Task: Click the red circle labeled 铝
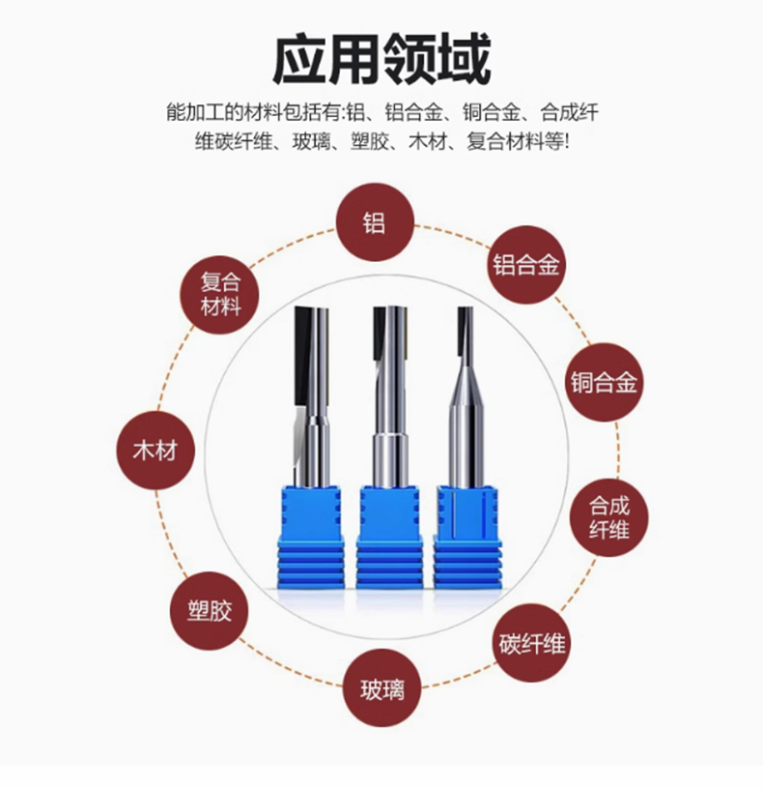[x=375, y=222]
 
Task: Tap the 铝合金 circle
[x=526, y=265]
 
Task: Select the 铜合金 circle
[x=605, y=383]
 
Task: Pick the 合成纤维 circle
[x=609, y=518]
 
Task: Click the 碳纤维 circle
[x=532, y=643]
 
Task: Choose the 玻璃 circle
[x=382, y=688]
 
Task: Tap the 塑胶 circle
[x=209, y=611]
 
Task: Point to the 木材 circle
[x=155, y=451]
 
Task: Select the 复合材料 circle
[x=219, y=295]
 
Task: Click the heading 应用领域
[x=381, y=59]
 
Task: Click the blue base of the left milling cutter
[x=311, y=537]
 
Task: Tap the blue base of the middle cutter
[x=389, y=537]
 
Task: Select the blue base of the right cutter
[x=467, y=537]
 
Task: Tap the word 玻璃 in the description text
[x=311, y=142]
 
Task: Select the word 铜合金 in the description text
[x=491, y=113]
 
